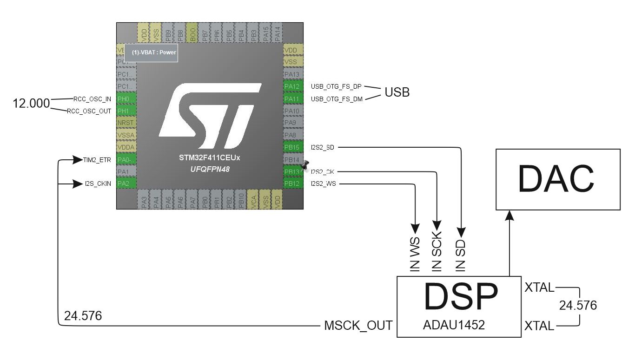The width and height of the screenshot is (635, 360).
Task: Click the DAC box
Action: pyautogui.click(x=558, y=179)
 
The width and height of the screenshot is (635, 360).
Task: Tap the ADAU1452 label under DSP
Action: pyautogui.click(x=454, y=325)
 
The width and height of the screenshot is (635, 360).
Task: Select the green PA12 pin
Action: pyautogui.click(x=293, y=86)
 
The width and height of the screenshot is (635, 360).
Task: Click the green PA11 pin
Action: pyautogui.click(x=293, y=98)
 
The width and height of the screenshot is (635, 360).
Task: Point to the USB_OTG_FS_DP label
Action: pyautogui.click(x=336, y=86)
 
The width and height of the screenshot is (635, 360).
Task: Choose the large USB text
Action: pyautogui.click(x=397, y=92)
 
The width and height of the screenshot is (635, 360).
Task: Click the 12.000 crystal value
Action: pyautogui.click(x=31, y=104)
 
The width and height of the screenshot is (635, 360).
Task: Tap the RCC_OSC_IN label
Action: pyautogui.click(x=92, y=98)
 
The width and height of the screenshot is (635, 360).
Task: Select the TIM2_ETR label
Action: pyautogui.click(x=97, y=160)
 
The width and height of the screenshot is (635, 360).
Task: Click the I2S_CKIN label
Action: pyautogui.click(x=98, y=183)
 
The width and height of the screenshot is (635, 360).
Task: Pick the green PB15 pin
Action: pyautogui.click(x=293, y=148)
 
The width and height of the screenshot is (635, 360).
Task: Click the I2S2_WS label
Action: pyautogui.click(x=323, y=183)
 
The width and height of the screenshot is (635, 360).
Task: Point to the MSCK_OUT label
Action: pyautogui.click(x=358, y=325)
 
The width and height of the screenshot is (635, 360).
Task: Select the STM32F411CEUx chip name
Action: pyautogui.click(x=209, y=158)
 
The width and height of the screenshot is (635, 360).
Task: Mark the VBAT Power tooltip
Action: pyautogui.click(x=153, y=52)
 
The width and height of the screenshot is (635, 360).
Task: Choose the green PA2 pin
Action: pyautogui.click(x=126, y=183)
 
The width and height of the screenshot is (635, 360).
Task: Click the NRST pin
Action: pyautogui.click(x=126, y=123)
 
